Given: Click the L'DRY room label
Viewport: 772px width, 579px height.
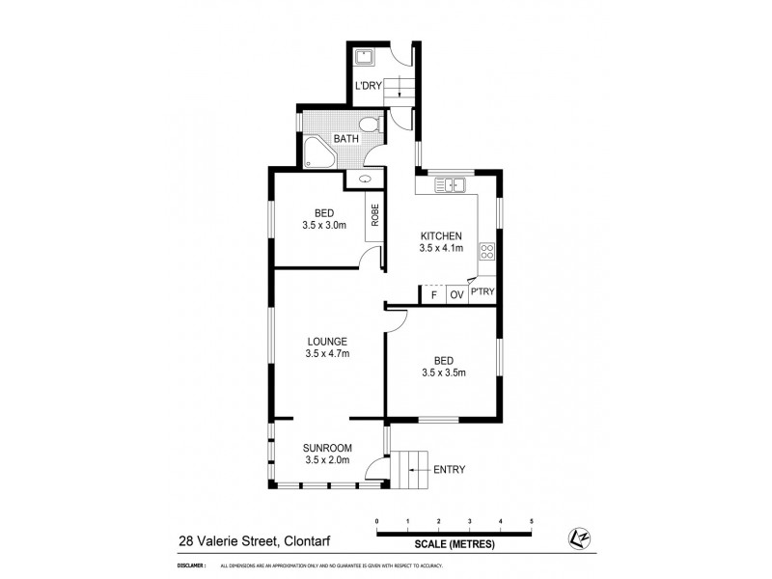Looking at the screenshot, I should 369,86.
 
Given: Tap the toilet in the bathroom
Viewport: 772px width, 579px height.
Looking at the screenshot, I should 368,125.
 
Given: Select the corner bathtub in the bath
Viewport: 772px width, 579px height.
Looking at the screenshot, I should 316,151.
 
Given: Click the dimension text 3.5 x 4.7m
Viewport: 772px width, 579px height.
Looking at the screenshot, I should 328,354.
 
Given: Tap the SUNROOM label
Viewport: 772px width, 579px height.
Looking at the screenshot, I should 328,447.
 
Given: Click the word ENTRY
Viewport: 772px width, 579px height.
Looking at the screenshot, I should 450,470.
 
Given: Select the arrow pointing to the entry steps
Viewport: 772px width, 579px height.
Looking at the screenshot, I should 418,470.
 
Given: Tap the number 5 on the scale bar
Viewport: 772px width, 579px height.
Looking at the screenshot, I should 532,521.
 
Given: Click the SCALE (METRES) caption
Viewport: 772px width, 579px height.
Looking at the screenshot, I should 454,544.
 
